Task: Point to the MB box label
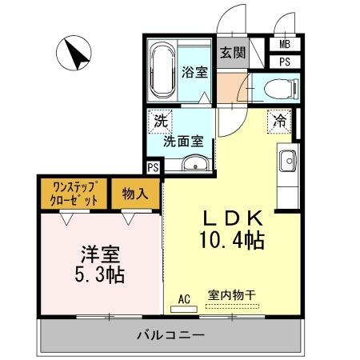(x=285, y=45)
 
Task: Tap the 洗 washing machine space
(x=162, y=122)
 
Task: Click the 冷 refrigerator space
(x=280, y=122)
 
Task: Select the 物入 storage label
(x=134, y=194)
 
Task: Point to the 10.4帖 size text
(x=233, y=238)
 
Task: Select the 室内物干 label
(x=231, y=296)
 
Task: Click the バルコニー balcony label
(x=170, y=333)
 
